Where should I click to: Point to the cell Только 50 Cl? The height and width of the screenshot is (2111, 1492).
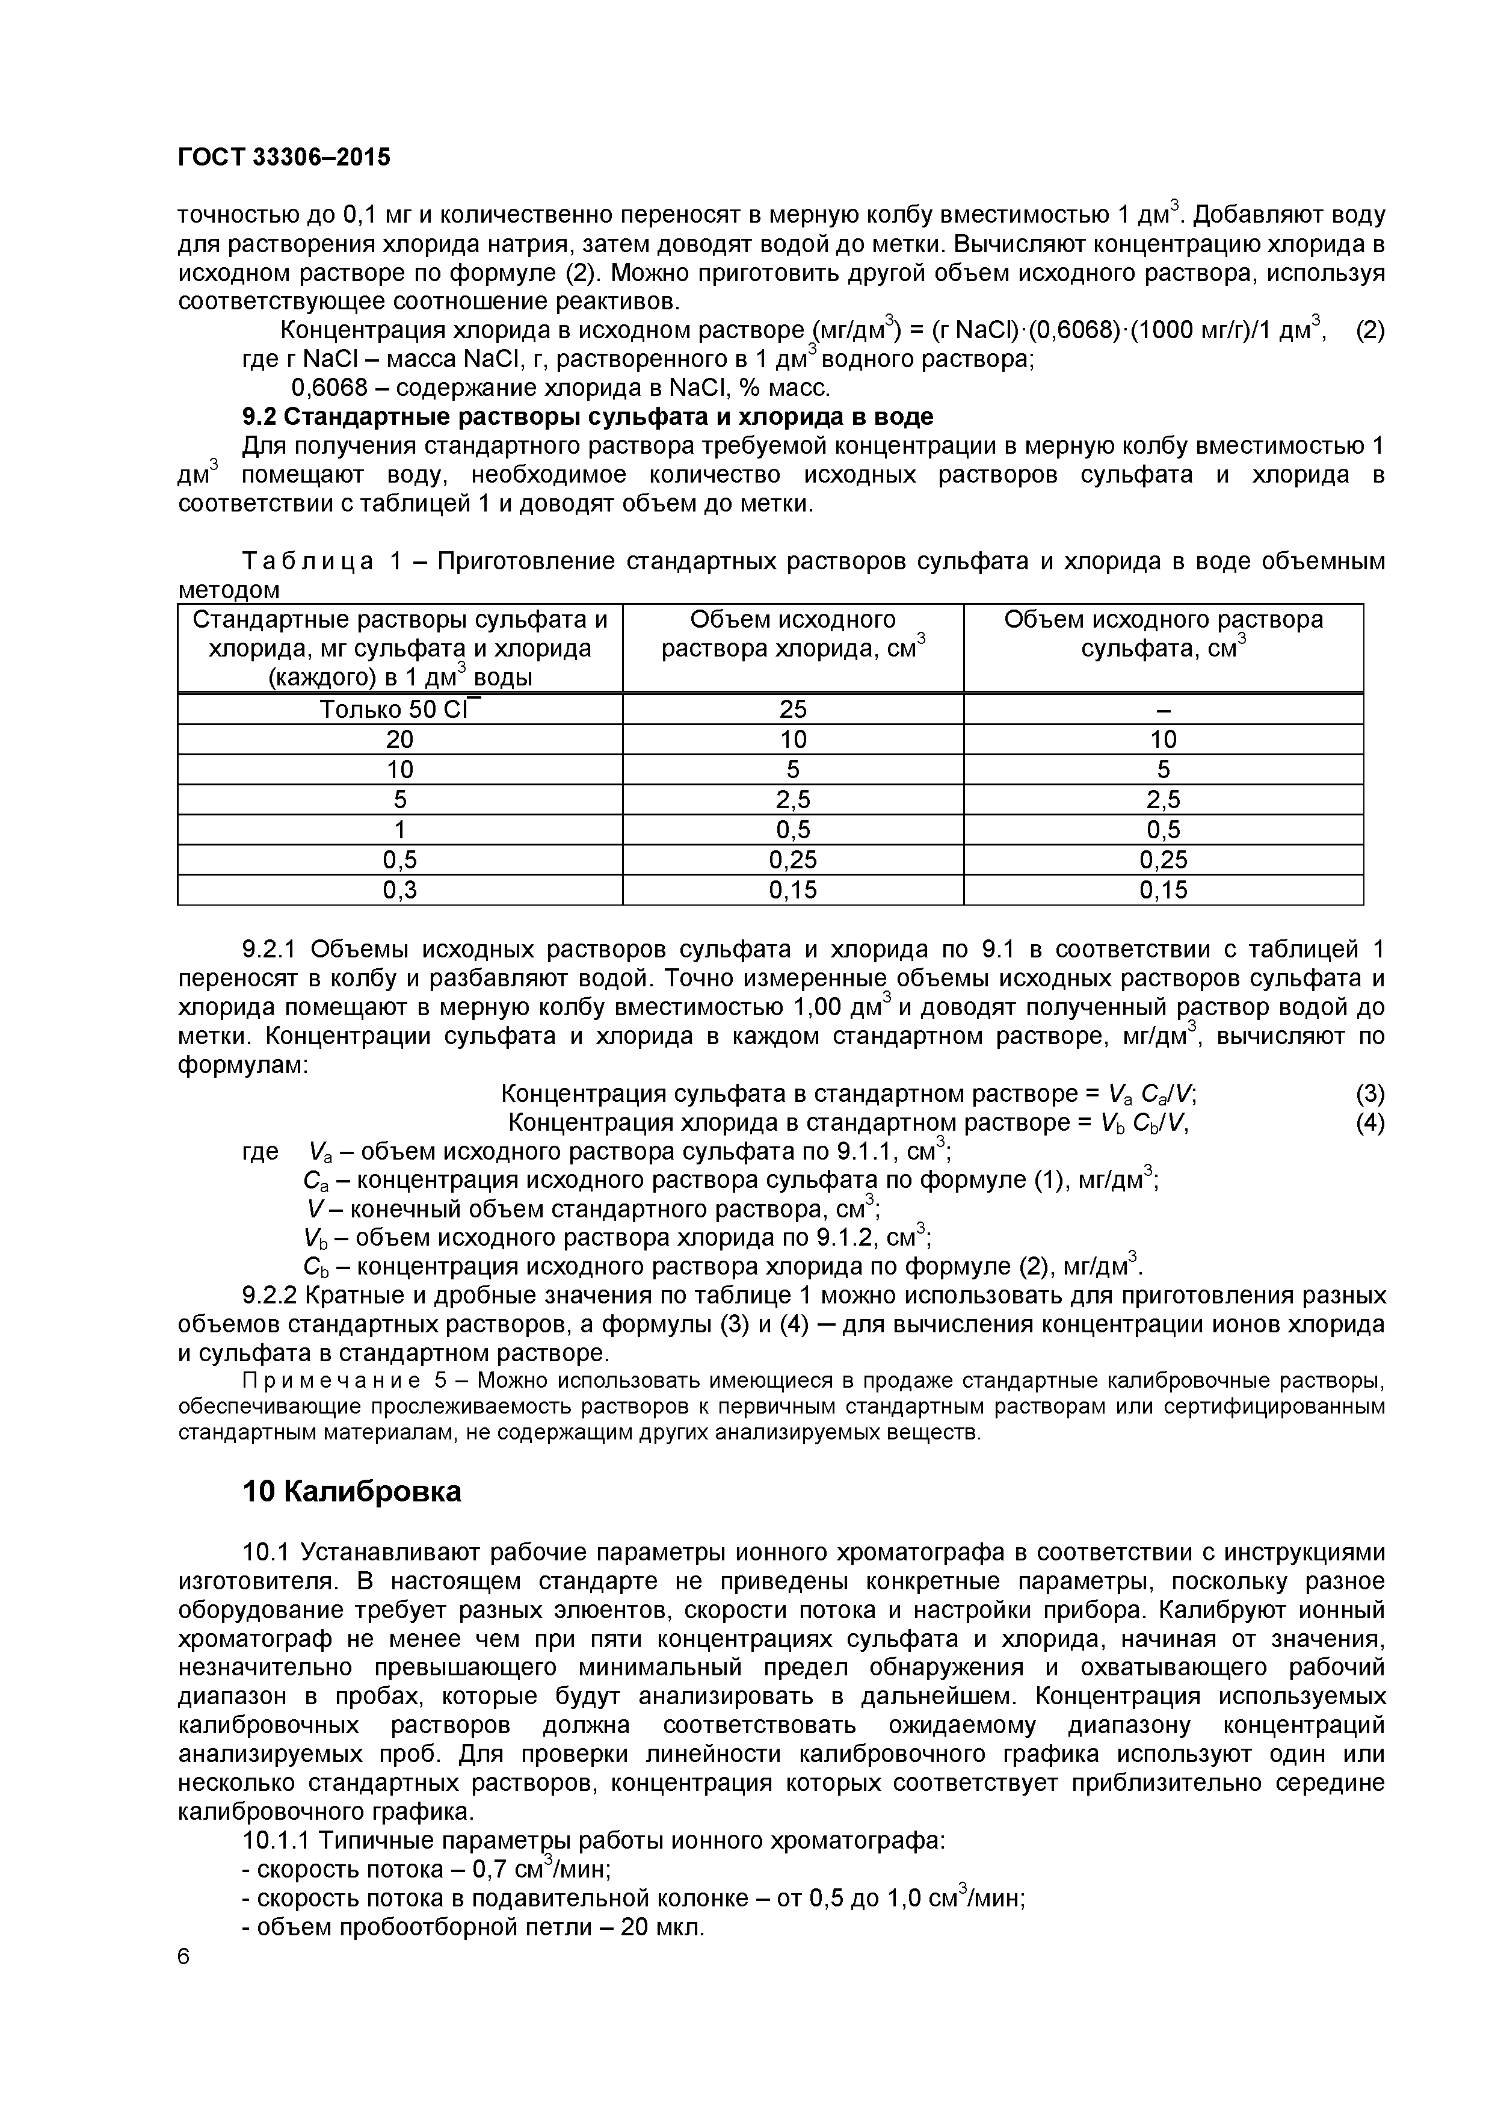[400, 709]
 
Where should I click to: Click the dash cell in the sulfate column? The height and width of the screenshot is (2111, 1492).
[1163, 709]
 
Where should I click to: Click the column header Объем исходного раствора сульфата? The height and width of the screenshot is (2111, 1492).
[1163, 634]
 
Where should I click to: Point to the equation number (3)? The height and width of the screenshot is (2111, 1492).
[1370, 1093]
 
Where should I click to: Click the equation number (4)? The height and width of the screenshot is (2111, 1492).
[1370, 1123]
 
